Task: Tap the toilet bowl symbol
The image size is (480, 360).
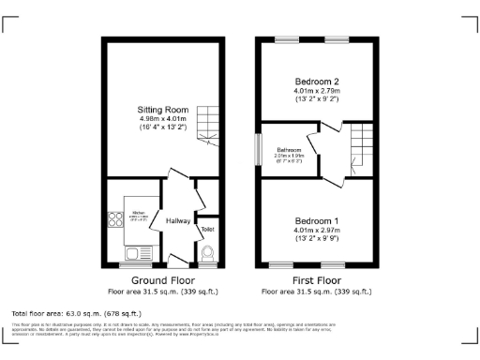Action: [207, 250]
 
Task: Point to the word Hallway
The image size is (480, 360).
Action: [178, 221]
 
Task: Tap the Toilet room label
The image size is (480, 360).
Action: [207, 229]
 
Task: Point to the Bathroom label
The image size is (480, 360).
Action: [288, 150]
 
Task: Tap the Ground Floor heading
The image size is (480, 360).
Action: [163, 279]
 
